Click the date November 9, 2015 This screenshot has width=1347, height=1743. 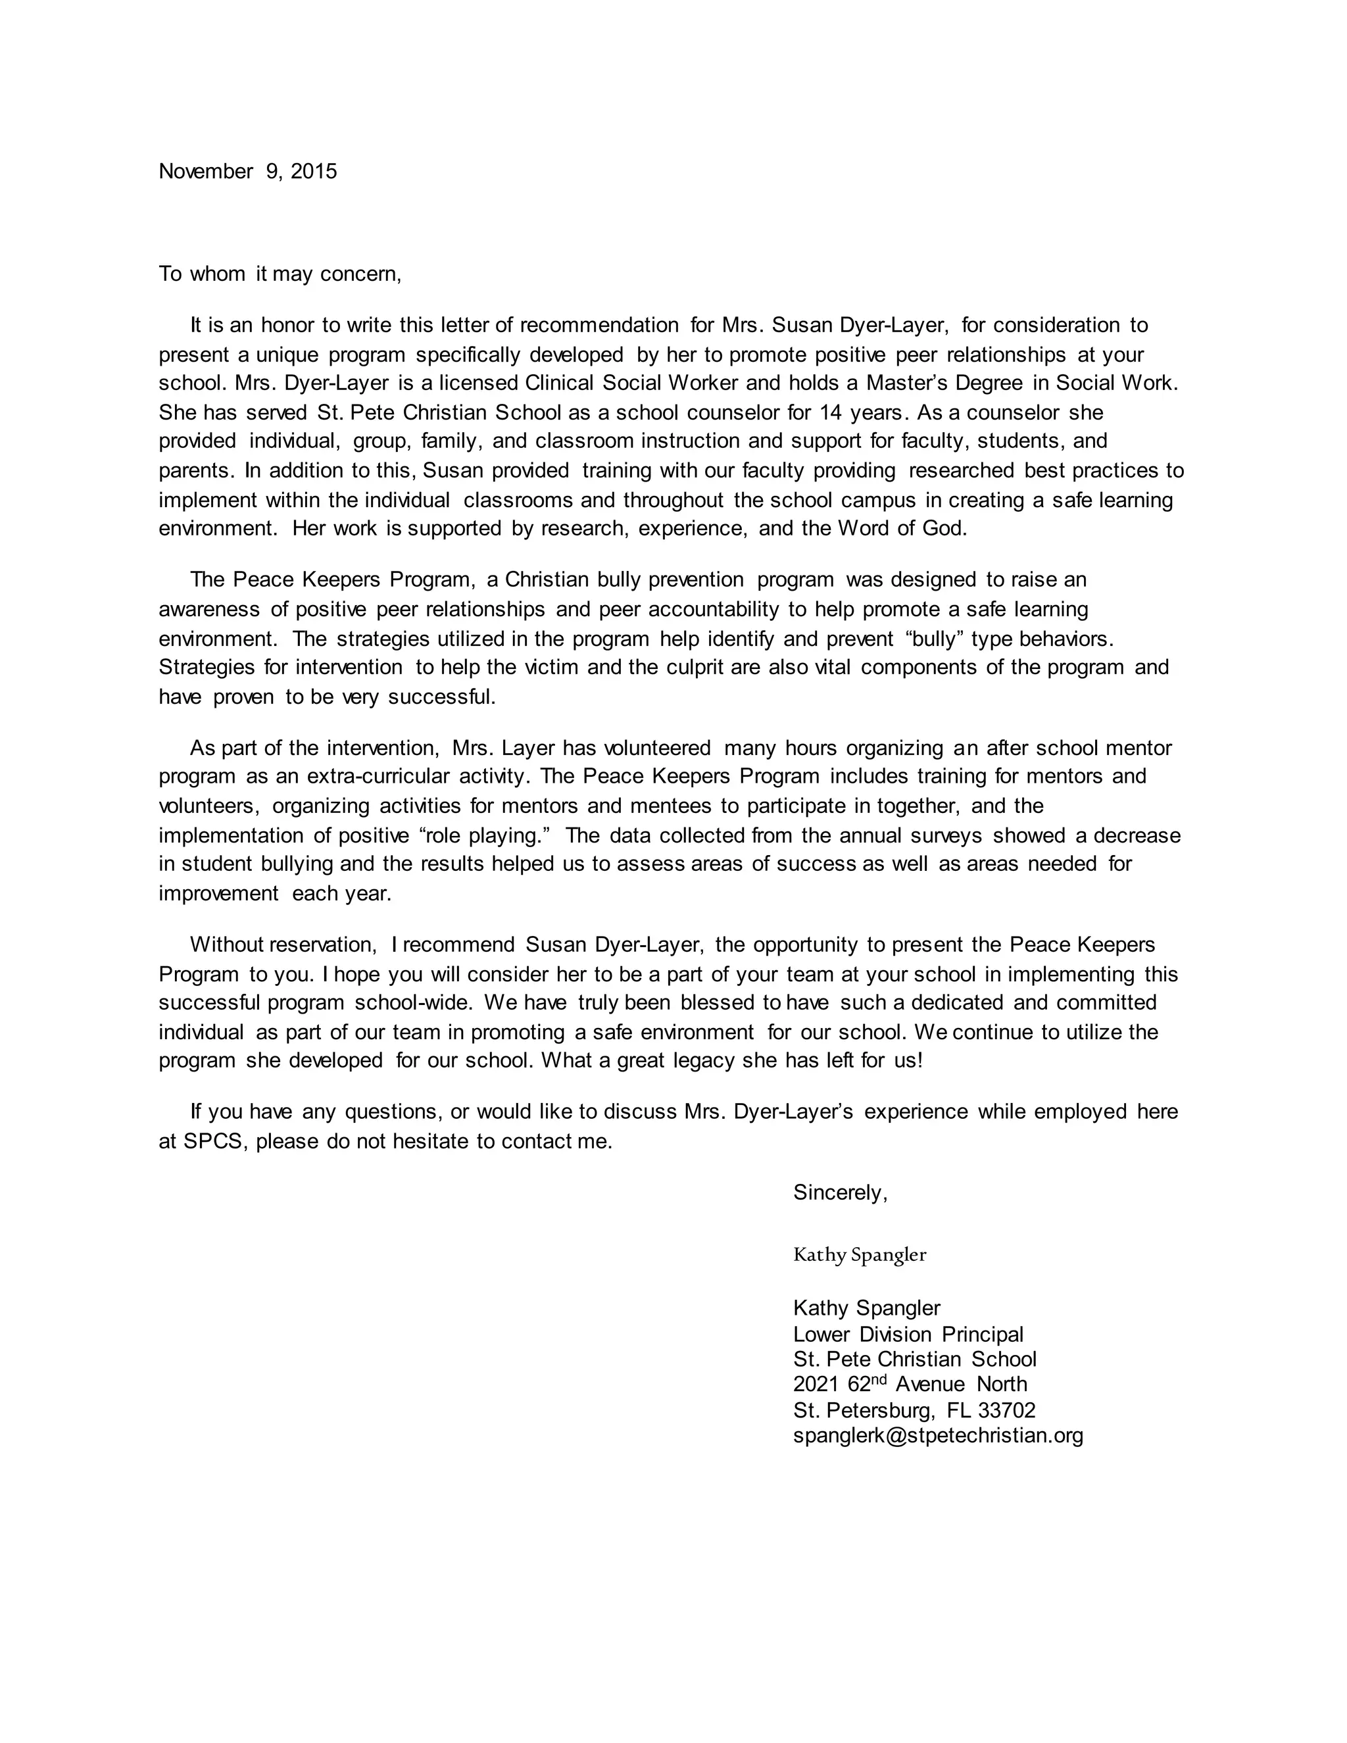[x=247, y=172]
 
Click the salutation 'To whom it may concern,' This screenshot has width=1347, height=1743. [x=280, y=274]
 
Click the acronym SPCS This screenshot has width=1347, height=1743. [x=212, y=1141]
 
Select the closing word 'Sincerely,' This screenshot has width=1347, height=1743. [x=839, y=1192]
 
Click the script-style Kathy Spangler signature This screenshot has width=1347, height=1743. [x=860, y=1254]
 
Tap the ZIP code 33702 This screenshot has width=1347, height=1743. [x=1006, y=1410]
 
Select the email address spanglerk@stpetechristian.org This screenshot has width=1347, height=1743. [x=938, y=1436]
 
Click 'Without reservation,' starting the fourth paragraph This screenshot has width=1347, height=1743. [x=282, y=945]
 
